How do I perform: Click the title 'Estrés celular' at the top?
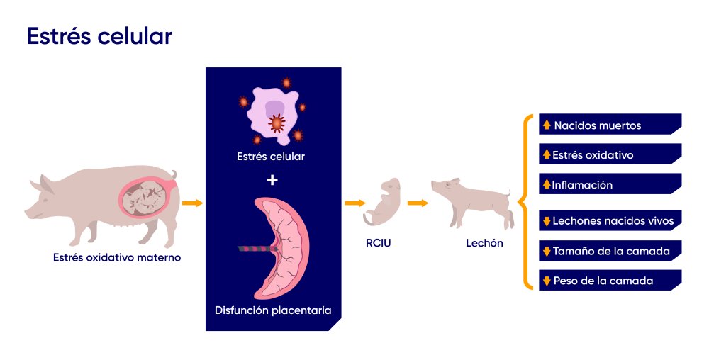tap(99, 36)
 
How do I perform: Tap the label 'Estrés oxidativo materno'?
tap(117, 258)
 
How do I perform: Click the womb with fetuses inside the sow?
tap(145, 196)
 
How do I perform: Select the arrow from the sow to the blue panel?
tap(191, 203)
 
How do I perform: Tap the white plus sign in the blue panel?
tap(272, 180)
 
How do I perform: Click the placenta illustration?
tap(284, 248)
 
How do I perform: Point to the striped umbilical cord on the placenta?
tap(255, 249)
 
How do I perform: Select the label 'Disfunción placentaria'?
tap(272, 310)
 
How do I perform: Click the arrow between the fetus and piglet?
tap(418, 203)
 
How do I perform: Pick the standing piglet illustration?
tap(472, 201)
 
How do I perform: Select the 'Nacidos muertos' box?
tap(610, 125)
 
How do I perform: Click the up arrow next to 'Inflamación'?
tap(547, 184)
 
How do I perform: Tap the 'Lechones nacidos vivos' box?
tap(610, 220)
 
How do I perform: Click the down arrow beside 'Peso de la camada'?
tap(547, 281)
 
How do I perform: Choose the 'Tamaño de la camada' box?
tap(610, 251)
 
